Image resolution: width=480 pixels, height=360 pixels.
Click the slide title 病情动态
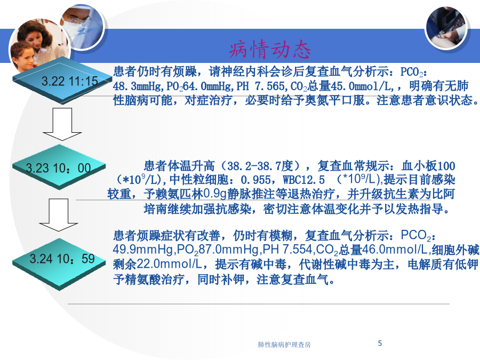tap(270, 50)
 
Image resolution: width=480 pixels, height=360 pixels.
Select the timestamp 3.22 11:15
tap(69, 82)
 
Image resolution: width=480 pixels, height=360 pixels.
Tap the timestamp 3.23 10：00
tap(58, 168)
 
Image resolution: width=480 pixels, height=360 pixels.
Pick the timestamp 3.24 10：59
tap(62, 259)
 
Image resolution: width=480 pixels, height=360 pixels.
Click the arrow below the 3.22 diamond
tap(62, 124)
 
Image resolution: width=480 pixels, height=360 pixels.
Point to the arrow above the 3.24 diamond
tap(59, 215)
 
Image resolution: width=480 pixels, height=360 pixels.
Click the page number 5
tap(380, 343)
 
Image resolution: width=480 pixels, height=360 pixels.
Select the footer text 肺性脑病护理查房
tap(284, 345)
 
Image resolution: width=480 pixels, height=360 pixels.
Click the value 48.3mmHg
tap(137, 86)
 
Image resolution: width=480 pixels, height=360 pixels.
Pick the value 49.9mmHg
tap(143, 250)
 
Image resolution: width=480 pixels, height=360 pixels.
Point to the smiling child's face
tap(22, 56)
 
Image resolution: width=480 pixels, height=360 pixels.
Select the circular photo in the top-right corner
tap(446, 28)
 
